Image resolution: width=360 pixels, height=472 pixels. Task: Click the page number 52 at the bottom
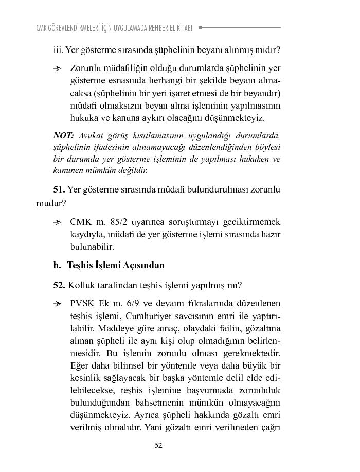click(x=158, y=446)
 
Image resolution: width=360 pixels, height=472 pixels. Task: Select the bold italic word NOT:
click(x=64, y=136)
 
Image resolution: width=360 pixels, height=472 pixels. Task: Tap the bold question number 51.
click(x=59, y=189)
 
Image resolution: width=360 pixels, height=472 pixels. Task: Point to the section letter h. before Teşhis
click(x=57, y=266)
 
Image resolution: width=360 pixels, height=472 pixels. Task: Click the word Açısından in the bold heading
click(x=143, y=266)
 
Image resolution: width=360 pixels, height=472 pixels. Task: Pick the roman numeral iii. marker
click(x=58, y=50)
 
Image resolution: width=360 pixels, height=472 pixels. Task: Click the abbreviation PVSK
click(x=82, y=304)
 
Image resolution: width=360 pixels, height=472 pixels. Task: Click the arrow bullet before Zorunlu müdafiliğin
click(x=58, y=68)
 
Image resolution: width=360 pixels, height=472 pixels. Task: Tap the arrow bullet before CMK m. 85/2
click(x=58, y=223)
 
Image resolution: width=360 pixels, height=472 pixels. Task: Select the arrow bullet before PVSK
click(x=58, y=304)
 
